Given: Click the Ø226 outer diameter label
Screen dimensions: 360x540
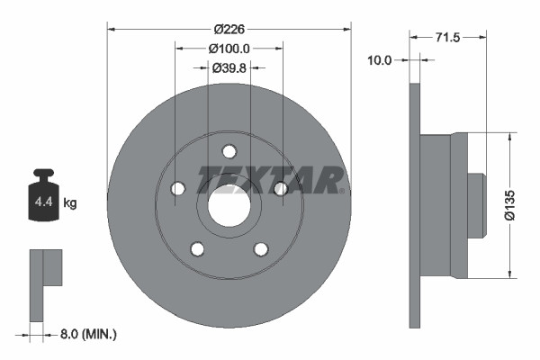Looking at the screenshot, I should pos(229,27).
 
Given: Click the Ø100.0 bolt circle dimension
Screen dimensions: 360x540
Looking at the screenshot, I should pos(229,48).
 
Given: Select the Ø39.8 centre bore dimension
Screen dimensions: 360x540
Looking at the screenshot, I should pos(229,67).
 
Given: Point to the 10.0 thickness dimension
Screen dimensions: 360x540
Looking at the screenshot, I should pos(380,60).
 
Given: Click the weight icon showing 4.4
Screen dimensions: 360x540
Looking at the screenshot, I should pos(43,194).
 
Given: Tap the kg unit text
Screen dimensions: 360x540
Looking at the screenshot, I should pos(70,203).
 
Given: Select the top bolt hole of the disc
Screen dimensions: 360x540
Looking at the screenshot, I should pos(229,151).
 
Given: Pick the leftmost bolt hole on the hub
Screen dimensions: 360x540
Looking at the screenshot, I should pos(177,188).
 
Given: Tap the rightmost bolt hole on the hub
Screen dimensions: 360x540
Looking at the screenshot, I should pos(280,188).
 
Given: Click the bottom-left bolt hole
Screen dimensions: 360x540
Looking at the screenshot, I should pos(197,248).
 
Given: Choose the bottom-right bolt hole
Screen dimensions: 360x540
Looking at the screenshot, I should pos(260,248).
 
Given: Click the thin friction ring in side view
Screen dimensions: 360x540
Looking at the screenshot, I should pos(415,206).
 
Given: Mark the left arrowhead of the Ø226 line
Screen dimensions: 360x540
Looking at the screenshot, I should pos(111,27).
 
